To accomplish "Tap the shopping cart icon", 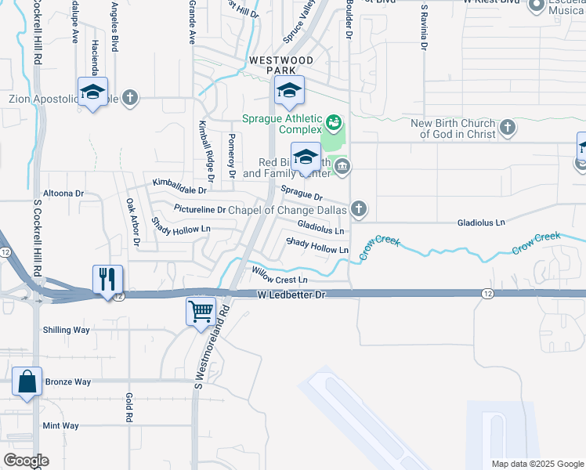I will pos(201,311).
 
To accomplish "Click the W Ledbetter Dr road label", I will pos(291,295).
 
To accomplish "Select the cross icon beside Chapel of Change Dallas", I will pos(359,209).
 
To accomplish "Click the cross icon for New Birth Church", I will pos(507,127).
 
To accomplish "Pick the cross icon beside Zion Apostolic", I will pos(130,99).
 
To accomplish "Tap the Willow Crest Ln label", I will pos(279,277).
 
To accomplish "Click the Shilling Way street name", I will pos(67,330).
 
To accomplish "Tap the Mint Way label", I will pos(60,425).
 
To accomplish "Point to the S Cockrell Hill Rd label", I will pos(37,235).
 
